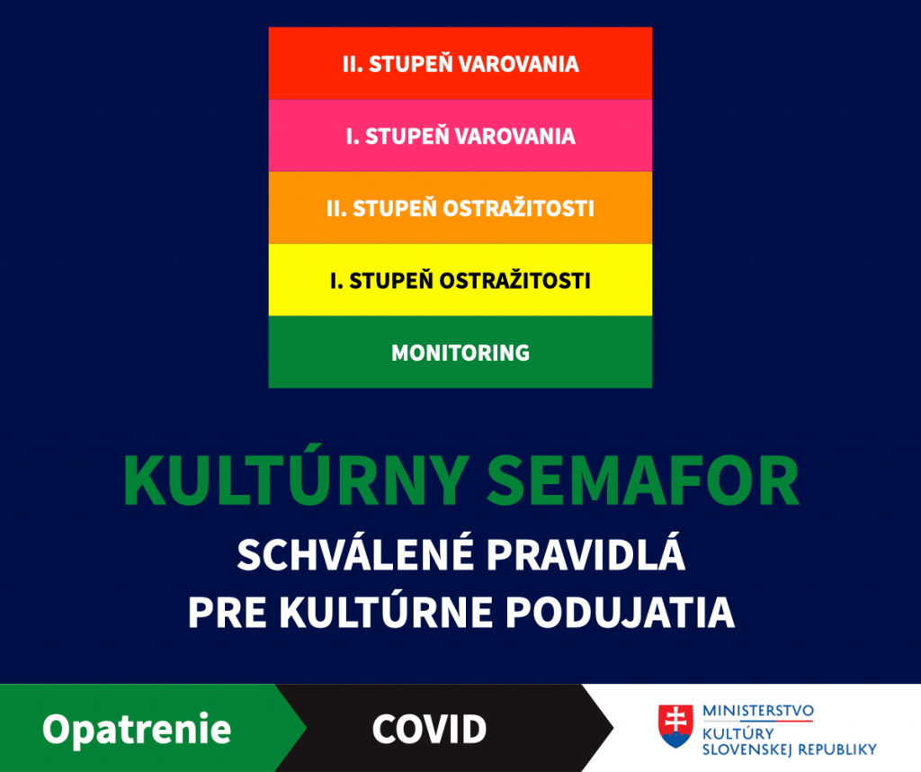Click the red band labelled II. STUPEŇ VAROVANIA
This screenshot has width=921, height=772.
pos(460,64)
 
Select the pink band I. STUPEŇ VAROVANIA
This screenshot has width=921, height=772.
pos(460,136)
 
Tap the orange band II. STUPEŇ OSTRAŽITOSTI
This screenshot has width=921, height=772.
pos(460,208)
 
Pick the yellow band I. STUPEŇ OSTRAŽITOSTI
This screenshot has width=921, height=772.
pos(460,280)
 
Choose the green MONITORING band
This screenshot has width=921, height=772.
pos(460,352)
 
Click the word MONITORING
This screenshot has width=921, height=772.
pos(460,353)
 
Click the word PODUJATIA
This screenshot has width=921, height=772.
pos(621,613)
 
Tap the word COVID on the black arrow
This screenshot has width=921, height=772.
pos(429,729)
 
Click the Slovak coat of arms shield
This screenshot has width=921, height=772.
pos(675,726)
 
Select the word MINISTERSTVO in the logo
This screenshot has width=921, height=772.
pos(758,711)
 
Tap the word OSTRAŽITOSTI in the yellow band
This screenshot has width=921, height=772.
pos(514,280)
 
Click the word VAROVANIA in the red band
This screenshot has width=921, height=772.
pos(519,64)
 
